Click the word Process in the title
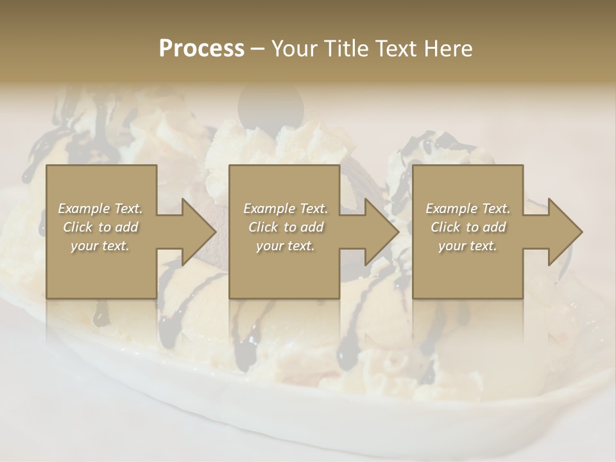(x=201, y=49)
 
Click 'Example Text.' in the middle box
(x=285, y=209)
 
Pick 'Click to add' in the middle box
(x=285, y=227)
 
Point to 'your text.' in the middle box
(x=285, y=246)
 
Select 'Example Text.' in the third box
(x=468, y=209)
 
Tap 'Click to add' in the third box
(x=468, y=227)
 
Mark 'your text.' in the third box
(x=468, y=246)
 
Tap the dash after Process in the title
(x=257, y=49)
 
